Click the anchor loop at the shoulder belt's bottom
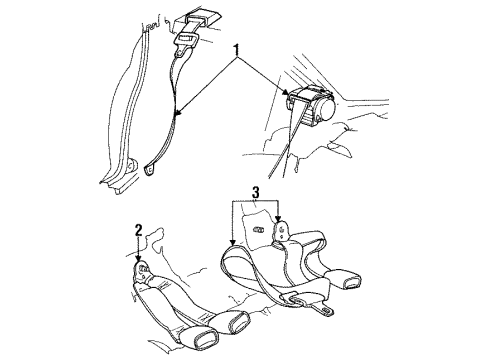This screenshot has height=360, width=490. (x=149, y=168)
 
